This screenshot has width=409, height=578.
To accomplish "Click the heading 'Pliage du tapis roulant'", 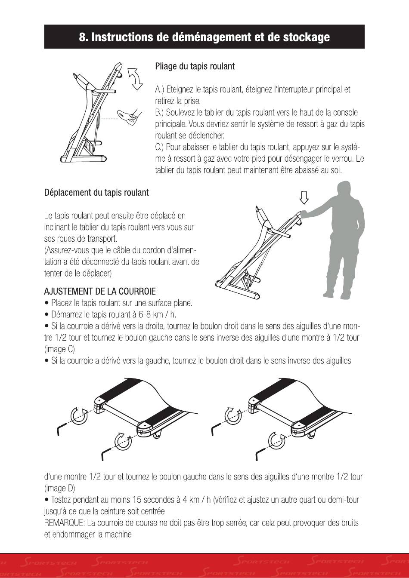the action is [x=195, y=66].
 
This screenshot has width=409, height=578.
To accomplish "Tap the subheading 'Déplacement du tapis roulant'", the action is [x=96, y=193].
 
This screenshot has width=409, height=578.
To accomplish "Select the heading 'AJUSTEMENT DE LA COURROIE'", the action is [x=100, y=291].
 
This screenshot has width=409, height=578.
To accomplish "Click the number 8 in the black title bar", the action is [x=82, y=37].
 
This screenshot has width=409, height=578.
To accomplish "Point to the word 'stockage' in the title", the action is [x=307, y=37].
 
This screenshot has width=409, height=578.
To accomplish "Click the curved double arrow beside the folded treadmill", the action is [x=135, y=78].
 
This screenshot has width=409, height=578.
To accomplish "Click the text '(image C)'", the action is [x=59, y=349].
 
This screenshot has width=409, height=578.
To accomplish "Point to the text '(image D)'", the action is [x=59, y=488].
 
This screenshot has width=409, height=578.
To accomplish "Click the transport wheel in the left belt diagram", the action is [x=157, y=436].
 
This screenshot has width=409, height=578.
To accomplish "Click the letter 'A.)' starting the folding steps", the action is [x=159, y=89].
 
